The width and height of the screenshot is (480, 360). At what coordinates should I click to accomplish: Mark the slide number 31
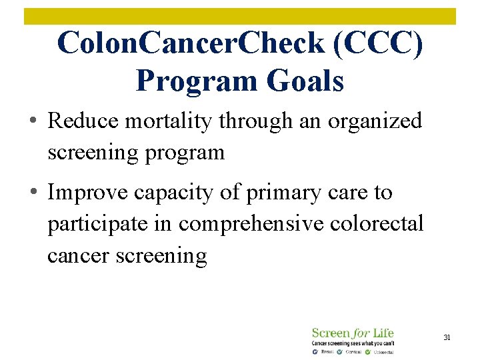pyautogui.click(x=447, y=338)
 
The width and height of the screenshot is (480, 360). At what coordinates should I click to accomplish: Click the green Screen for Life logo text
pyautogui.click(x=352, y=333)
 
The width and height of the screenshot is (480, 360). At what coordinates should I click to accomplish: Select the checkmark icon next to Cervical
pyautogui.click(x=341, y=351)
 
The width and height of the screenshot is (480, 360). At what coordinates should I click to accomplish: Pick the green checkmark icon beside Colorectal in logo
pyautogui.click(x=368, y=351)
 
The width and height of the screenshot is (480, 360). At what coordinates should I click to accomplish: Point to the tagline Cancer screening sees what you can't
pyautogui.click(x=352, y=343)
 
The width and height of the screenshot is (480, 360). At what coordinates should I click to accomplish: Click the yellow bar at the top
pyautogui.click(x=240, y=16)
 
